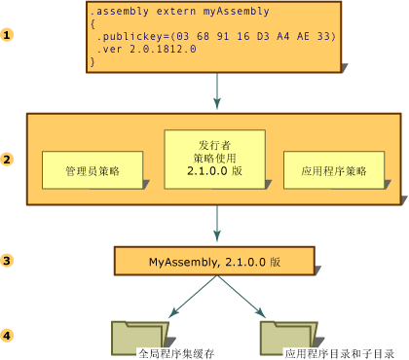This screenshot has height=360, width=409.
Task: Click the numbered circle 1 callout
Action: pyautogui.click(x=9, y=35)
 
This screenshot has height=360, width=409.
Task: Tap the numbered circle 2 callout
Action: pyautogui.click(x=9, y=159)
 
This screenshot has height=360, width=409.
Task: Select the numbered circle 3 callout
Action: pyautogui.click(x=9, y=261)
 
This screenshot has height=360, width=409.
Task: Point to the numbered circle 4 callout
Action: pyautogui.click(x=9, y=336)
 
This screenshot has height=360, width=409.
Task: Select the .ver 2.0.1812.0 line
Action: pyautogui.click(x=146, y=49)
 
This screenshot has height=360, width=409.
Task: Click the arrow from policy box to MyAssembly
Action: pyautogui.click(x=216, y=226)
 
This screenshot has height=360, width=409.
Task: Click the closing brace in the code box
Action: pyautogui.click(x=93, y=61)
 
